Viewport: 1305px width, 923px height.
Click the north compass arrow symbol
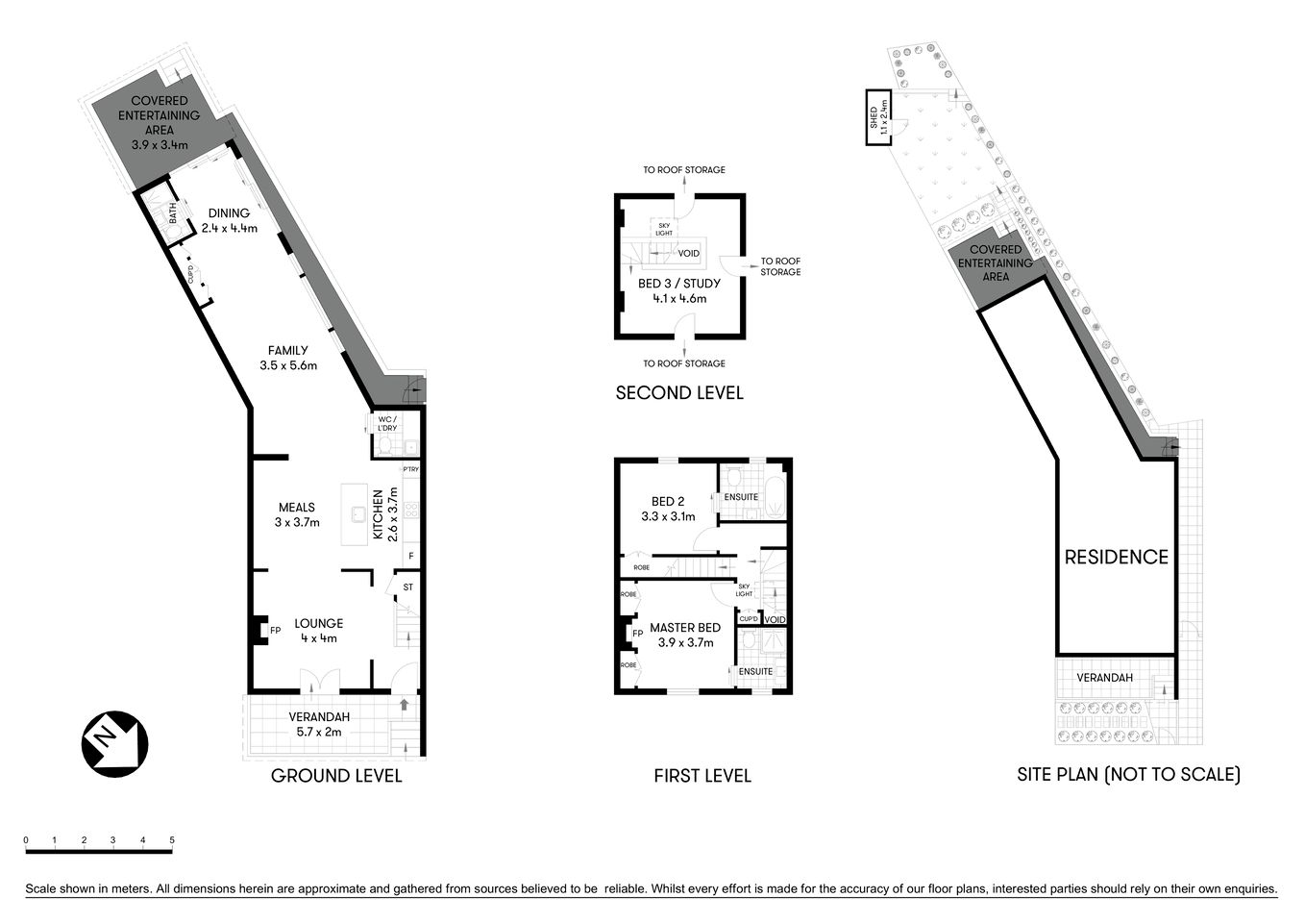tap(112, 743)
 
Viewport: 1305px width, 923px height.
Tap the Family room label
tap(287, 358)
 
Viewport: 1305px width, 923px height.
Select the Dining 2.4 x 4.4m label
tap(229, 220)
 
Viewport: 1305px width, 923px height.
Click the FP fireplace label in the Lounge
tap(275, 631)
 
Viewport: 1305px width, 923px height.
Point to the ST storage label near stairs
tap(407, 586)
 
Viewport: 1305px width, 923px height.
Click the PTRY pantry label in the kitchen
tap(410, 469)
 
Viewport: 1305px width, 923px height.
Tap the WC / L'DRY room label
tap(386, 424)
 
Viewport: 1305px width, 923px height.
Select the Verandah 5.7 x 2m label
tap(319, 724)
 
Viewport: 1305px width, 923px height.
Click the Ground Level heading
tap(336, 776)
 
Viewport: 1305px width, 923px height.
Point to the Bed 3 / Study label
tap(678, 290)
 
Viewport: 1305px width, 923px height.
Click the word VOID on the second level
tap(688, 254)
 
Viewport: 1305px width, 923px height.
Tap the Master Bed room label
tap(685, 635)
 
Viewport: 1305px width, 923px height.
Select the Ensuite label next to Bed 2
tap(741, 497)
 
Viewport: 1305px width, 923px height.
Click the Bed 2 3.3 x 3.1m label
tap(668, 509)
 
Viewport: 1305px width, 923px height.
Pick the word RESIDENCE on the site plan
tap(1116, 557)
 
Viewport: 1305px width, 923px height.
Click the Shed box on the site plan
tap(877, 118)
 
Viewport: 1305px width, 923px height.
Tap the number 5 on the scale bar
tap(172, 840)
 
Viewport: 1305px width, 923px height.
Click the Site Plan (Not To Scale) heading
tap(1128, 774)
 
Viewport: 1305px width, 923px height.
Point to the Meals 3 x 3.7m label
tap(297, 514)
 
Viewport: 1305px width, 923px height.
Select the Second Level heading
tap(678, 392)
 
